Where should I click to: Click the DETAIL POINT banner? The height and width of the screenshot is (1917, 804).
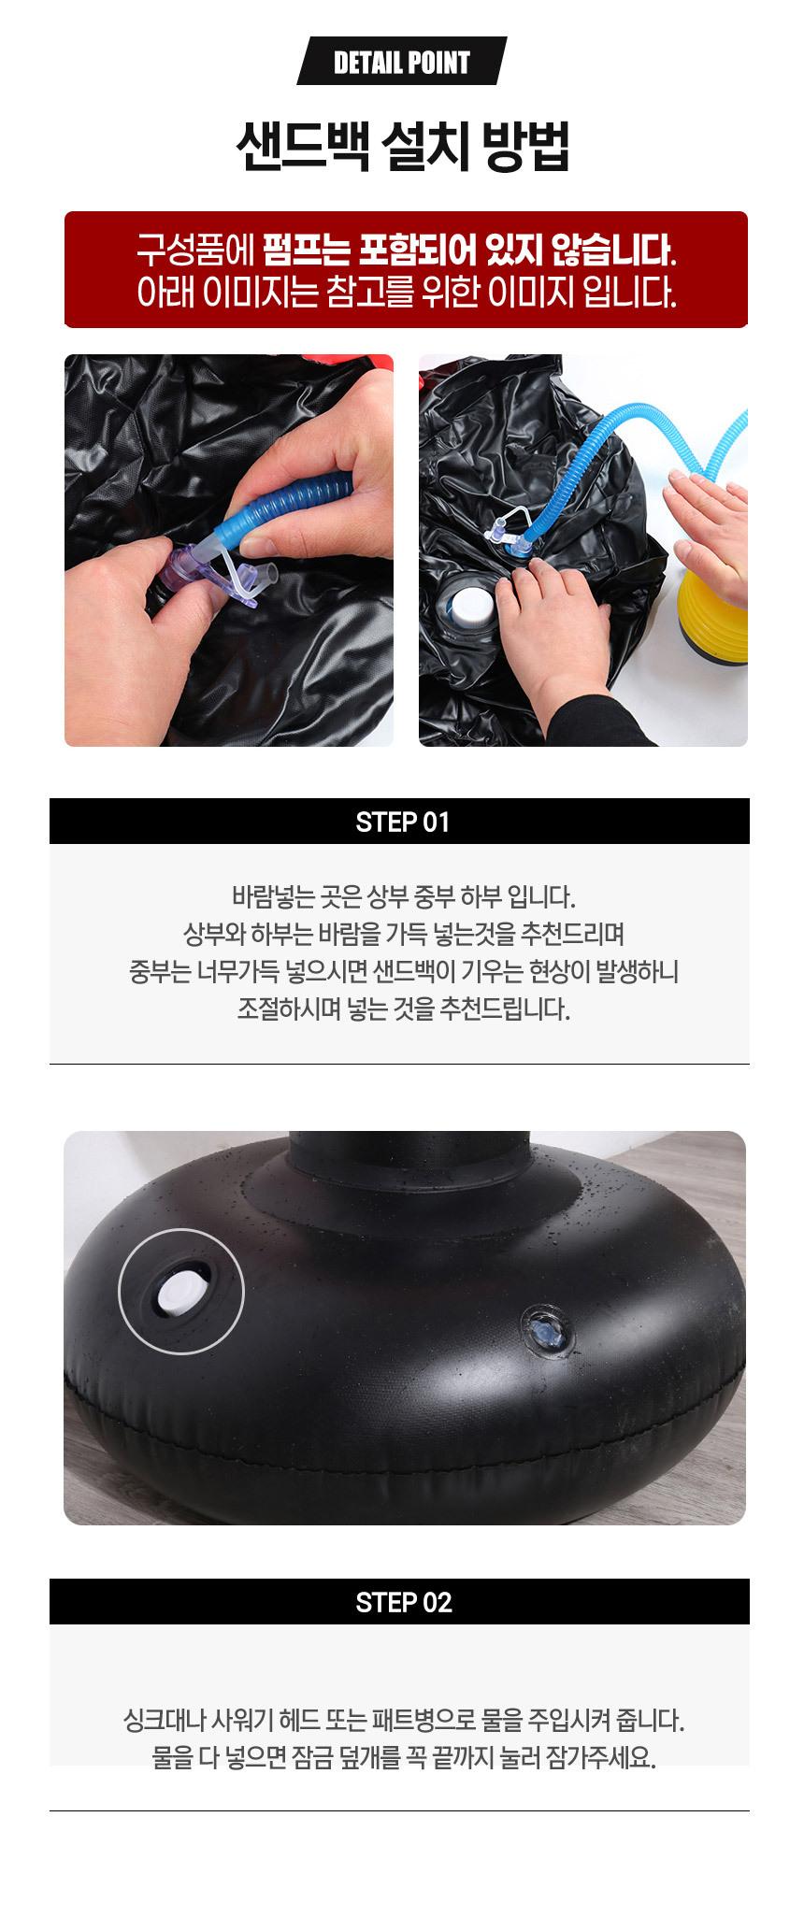[402, 62]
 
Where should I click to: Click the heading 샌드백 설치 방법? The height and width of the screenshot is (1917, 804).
[402, 147]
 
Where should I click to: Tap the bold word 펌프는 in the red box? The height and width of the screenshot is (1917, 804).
[306, 250]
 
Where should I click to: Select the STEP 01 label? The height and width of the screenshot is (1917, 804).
[402, 822]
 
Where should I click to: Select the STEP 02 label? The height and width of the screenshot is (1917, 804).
[403, 1602]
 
